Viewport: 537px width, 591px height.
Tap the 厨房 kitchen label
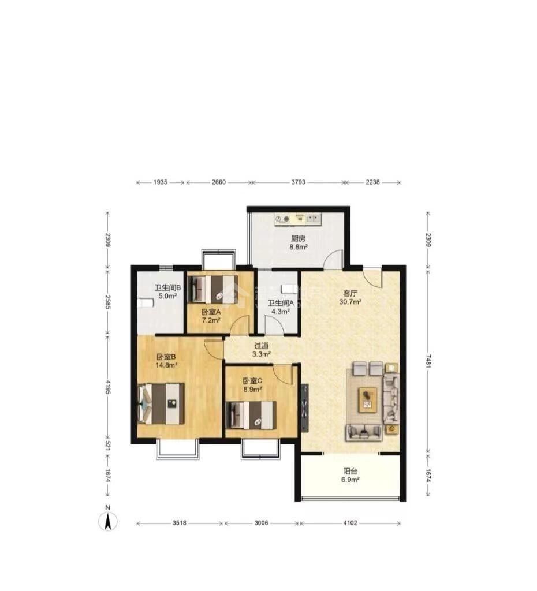(x=298, y=238)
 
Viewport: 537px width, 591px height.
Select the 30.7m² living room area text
(x=350, y=302)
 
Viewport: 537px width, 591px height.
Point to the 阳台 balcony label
(x=350, y=471)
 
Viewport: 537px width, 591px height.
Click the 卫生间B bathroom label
(x=168, y=288)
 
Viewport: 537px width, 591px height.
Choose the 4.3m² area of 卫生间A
(x=281, y=312)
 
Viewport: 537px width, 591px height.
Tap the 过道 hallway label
(x=262, y=346)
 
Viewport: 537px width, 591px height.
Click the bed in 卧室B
(x=162, y=403)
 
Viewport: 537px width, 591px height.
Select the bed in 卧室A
(x=214, y=289)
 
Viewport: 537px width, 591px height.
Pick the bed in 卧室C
(x=251, y=415)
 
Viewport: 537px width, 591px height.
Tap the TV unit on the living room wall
(x=305, y=409)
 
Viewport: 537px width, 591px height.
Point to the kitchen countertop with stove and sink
(x=298, y=219)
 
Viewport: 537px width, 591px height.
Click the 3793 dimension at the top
(x=299, y=182)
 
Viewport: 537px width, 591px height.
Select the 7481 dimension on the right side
(x=428, y=361)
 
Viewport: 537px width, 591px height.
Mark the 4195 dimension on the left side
(x=108, y=387)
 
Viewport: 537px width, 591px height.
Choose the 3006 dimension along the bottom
(x=262, y=523)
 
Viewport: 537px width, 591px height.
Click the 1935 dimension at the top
(x=161, y=182)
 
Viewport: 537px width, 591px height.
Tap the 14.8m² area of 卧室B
(x=167, y=365)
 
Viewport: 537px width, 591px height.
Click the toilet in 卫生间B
(x=146, y=303)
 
